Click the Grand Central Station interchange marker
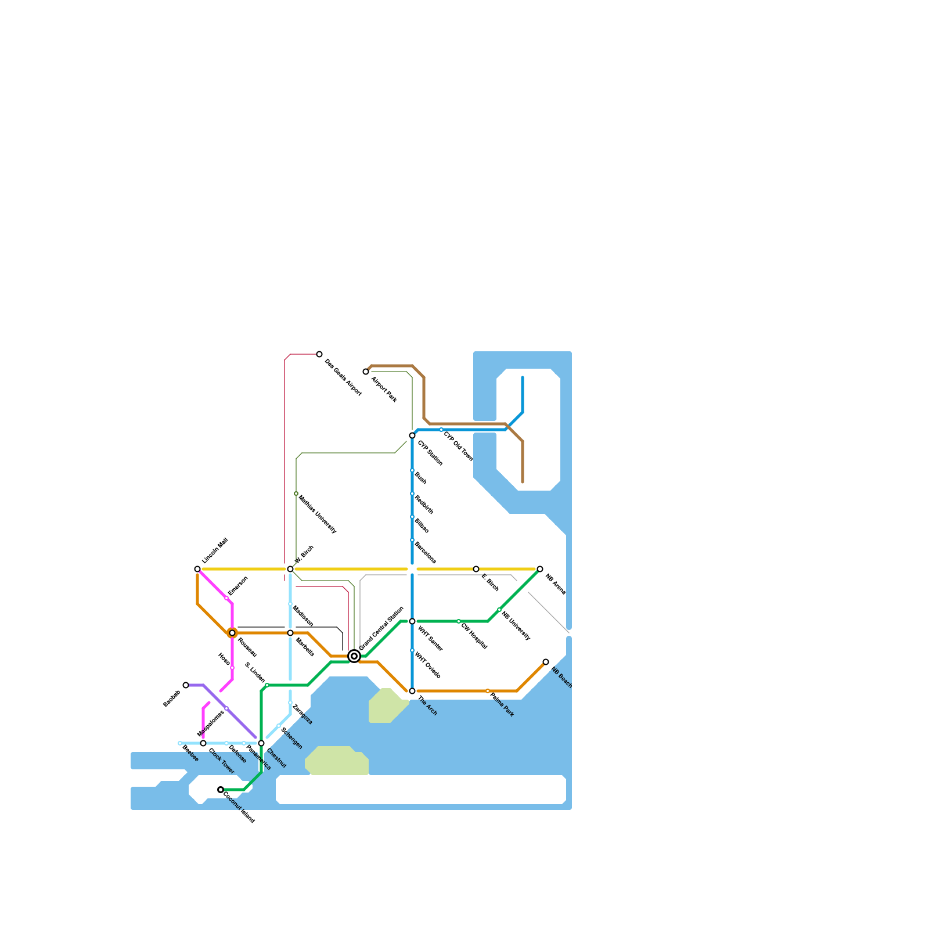pyautogui.click(x=354, y=656)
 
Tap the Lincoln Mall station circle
pyautogui.click(x=197, y=569)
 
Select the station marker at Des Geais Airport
pyautogui.click(x=319, y=354)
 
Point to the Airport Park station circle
pyautogui.click(x=366, y=372)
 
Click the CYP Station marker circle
pyautogui.click(x=412, y=435)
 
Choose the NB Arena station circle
pyautogui.click(x=540, y=569)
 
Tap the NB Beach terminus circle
pyautogui.click(x=546, y=662)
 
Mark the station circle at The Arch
pyautogui.click(x=412, y=691)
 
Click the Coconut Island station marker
pyautogui.click(x=221, y=790)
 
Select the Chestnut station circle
pyautogui.click(x=261, y=743)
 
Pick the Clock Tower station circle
pyautogui.click(x=203, y=743)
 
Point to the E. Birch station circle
pyautogui.click(x=476, y=569)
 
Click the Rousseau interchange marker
pyautogui.click(x=232, y=633)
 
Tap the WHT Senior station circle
pyautogui.click(x=412, y=621)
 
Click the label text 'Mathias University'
pyautogui.click(x=317, y=514)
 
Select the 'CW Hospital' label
pyautogui.click(x=474, y=636)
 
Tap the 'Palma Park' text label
pyautogui.click(x=502, y=704)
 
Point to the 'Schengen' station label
pyautogui.click(x=291, y=738)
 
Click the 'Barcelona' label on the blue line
pyautogui.click(x=425, y=552)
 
